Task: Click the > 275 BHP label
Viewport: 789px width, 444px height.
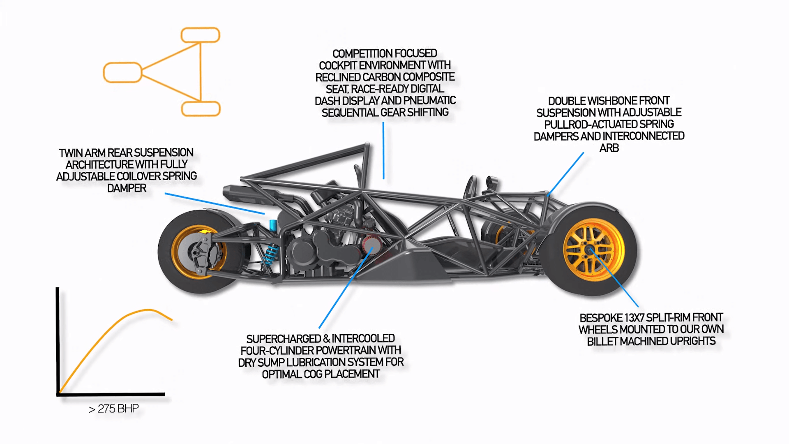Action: coord(114,409)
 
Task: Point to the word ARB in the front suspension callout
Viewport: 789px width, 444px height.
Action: coord(609,148)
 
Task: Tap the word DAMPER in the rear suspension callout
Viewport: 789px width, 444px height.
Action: coord(127,188)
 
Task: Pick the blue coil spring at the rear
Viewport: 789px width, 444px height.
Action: coord(271,255)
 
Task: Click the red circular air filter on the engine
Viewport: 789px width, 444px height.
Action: coord(372,245)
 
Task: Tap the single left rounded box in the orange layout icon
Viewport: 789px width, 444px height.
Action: coord(122,72)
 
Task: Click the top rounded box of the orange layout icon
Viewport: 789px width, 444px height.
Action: coord(201,35)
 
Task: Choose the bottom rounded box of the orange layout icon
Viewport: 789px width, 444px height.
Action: coord(201,109)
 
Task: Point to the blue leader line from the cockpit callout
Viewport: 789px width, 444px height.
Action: coord(383,150)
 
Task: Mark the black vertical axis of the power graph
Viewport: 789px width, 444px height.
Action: coord(58,341)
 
